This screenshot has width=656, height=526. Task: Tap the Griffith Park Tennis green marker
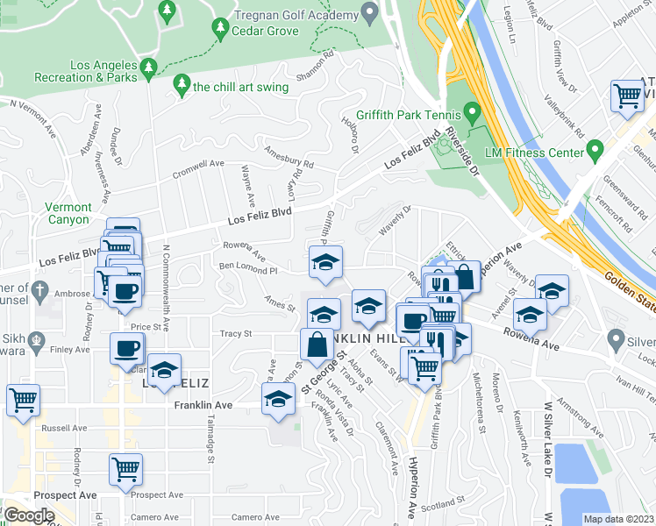click(473, 113)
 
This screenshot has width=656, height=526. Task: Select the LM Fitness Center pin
click(595, 151)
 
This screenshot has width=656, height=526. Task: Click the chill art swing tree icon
click(182, 85)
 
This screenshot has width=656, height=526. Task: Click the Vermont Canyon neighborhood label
click(68, 213)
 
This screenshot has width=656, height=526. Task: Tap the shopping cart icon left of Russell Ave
click(23, 400)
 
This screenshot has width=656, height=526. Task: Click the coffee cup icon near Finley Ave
click(126, 348)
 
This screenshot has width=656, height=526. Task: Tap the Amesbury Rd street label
click(289, 156)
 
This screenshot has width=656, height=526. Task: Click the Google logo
click(29, 515)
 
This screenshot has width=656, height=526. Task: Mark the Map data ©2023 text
click(619, 519)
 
